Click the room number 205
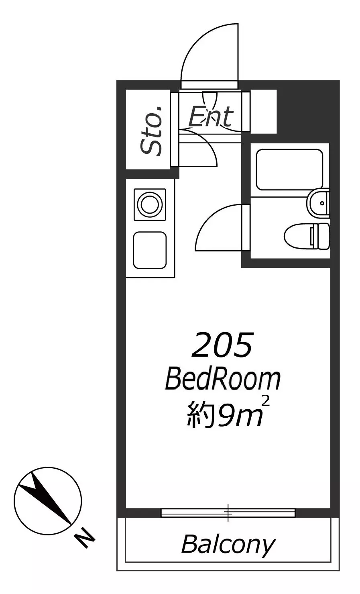[x=222, y=345]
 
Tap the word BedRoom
[x=222, y=379]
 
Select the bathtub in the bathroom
[x=289, y=170]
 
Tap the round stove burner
[x=150, y=204]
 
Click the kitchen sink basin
[x=150, y=250]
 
